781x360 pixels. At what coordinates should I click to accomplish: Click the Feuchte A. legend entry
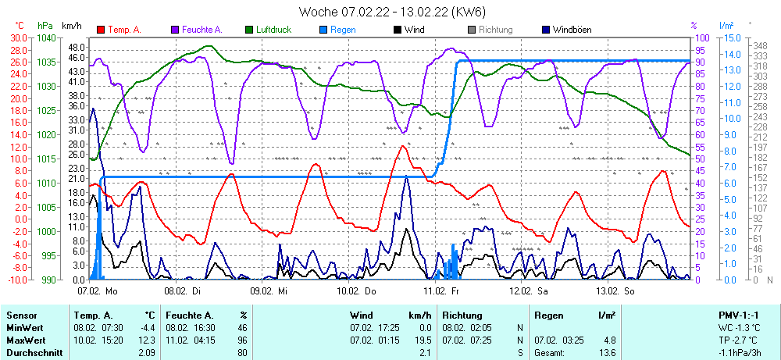tap(201, 30)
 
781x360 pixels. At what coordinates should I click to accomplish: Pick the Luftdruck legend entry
tap(274, 30)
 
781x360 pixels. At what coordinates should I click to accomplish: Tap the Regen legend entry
tap(343, 30)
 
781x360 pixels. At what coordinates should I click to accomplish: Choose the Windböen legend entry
tap(571, 30)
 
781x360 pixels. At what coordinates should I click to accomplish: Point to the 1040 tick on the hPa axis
tap(46, 37)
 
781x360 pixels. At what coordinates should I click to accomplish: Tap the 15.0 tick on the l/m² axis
tap(731, 37)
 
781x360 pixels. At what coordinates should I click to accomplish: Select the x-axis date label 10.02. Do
tap(356, 290)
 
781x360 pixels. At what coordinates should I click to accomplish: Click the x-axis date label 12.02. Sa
tap(530, 290)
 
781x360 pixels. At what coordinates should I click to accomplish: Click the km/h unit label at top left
tap(72, 26)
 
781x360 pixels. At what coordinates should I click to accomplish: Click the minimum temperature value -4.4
tap(146, 327)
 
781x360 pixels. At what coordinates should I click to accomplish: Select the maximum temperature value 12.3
tap(146, 340)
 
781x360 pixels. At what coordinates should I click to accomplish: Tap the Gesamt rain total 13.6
tap(606, 353)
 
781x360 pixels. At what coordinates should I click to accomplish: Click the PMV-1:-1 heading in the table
tap(737, 314)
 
